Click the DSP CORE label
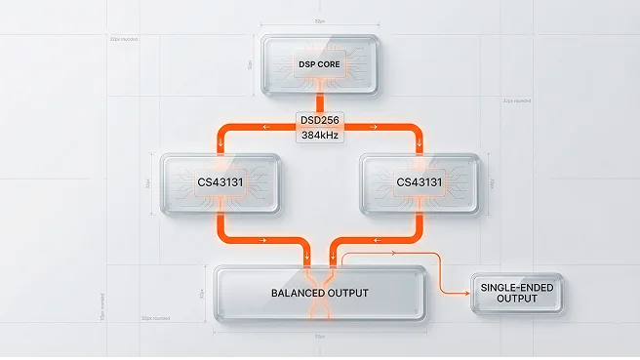pyautogui.click(x=320, y=64)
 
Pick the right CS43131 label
pyautogui.click(x=420, y=182)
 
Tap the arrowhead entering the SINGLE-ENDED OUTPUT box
pyautogui.click(x=467, y=293)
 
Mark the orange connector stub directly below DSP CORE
pyautogui.click(x=320, y=102)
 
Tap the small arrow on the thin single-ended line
pyautogui.click(x=393, y=252)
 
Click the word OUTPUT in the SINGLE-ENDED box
pyautogui.click(x=517, y=299)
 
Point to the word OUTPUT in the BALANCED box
pyautogui.click(x=345, y=293)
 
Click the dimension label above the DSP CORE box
pyautogui.click(x=320, y=20)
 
